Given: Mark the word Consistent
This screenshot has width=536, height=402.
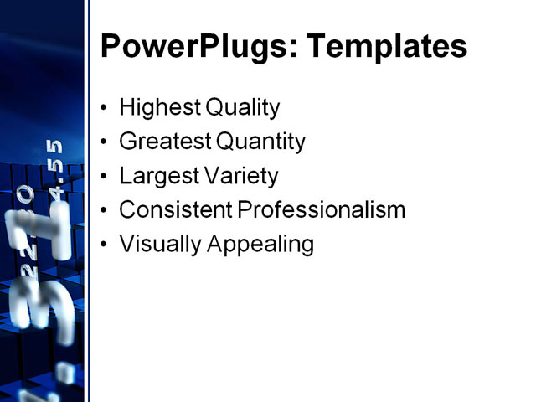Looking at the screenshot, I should [x=175, y=210].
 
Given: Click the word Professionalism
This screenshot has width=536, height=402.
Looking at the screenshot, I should [x=322, y=210].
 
